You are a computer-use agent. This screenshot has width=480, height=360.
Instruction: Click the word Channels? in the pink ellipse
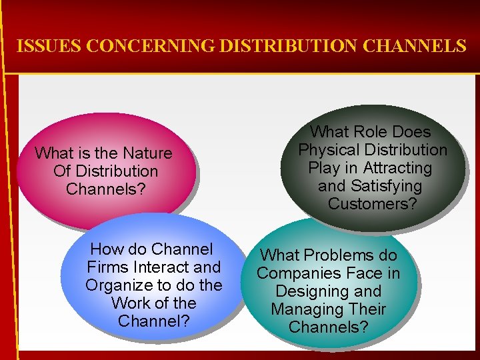105,189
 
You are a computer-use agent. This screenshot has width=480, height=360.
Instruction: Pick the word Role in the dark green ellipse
369,132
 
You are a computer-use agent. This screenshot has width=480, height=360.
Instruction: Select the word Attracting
397,168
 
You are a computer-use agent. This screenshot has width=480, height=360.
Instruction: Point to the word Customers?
372,204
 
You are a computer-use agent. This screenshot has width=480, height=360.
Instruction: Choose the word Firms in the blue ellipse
109,267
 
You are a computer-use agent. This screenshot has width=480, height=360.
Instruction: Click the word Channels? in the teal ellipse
328,327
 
